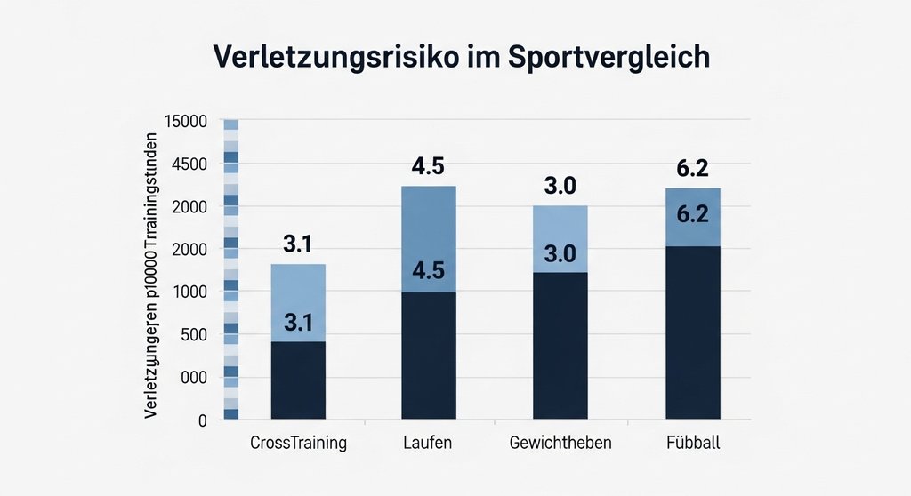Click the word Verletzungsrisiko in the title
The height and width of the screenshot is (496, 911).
click(x=329, y=57)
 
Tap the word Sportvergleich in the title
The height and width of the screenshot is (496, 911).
click(x=609, y=57)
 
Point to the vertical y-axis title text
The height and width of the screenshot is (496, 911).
click(x=152, y=276)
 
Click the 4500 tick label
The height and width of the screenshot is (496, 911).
click(x=188, y=164)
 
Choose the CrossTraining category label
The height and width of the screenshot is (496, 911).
click(x=298, y=443)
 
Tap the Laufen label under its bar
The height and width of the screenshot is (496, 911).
click(x=429, y=443)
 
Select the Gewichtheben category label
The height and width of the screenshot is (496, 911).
click(x=560, y=443)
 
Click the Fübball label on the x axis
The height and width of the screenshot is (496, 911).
click(x=692, y=443)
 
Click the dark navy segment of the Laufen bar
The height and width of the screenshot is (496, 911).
click(x=429, y=356)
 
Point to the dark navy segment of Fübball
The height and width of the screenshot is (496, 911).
click(x=692, y=332)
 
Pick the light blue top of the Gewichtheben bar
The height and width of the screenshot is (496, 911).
click(x=560, y=238)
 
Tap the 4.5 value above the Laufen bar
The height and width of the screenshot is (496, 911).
click(x=429, y=167)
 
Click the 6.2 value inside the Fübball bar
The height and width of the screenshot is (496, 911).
click(x=692, y=214)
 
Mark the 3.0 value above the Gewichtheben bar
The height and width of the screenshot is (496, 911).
click(x=560, y=187)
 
